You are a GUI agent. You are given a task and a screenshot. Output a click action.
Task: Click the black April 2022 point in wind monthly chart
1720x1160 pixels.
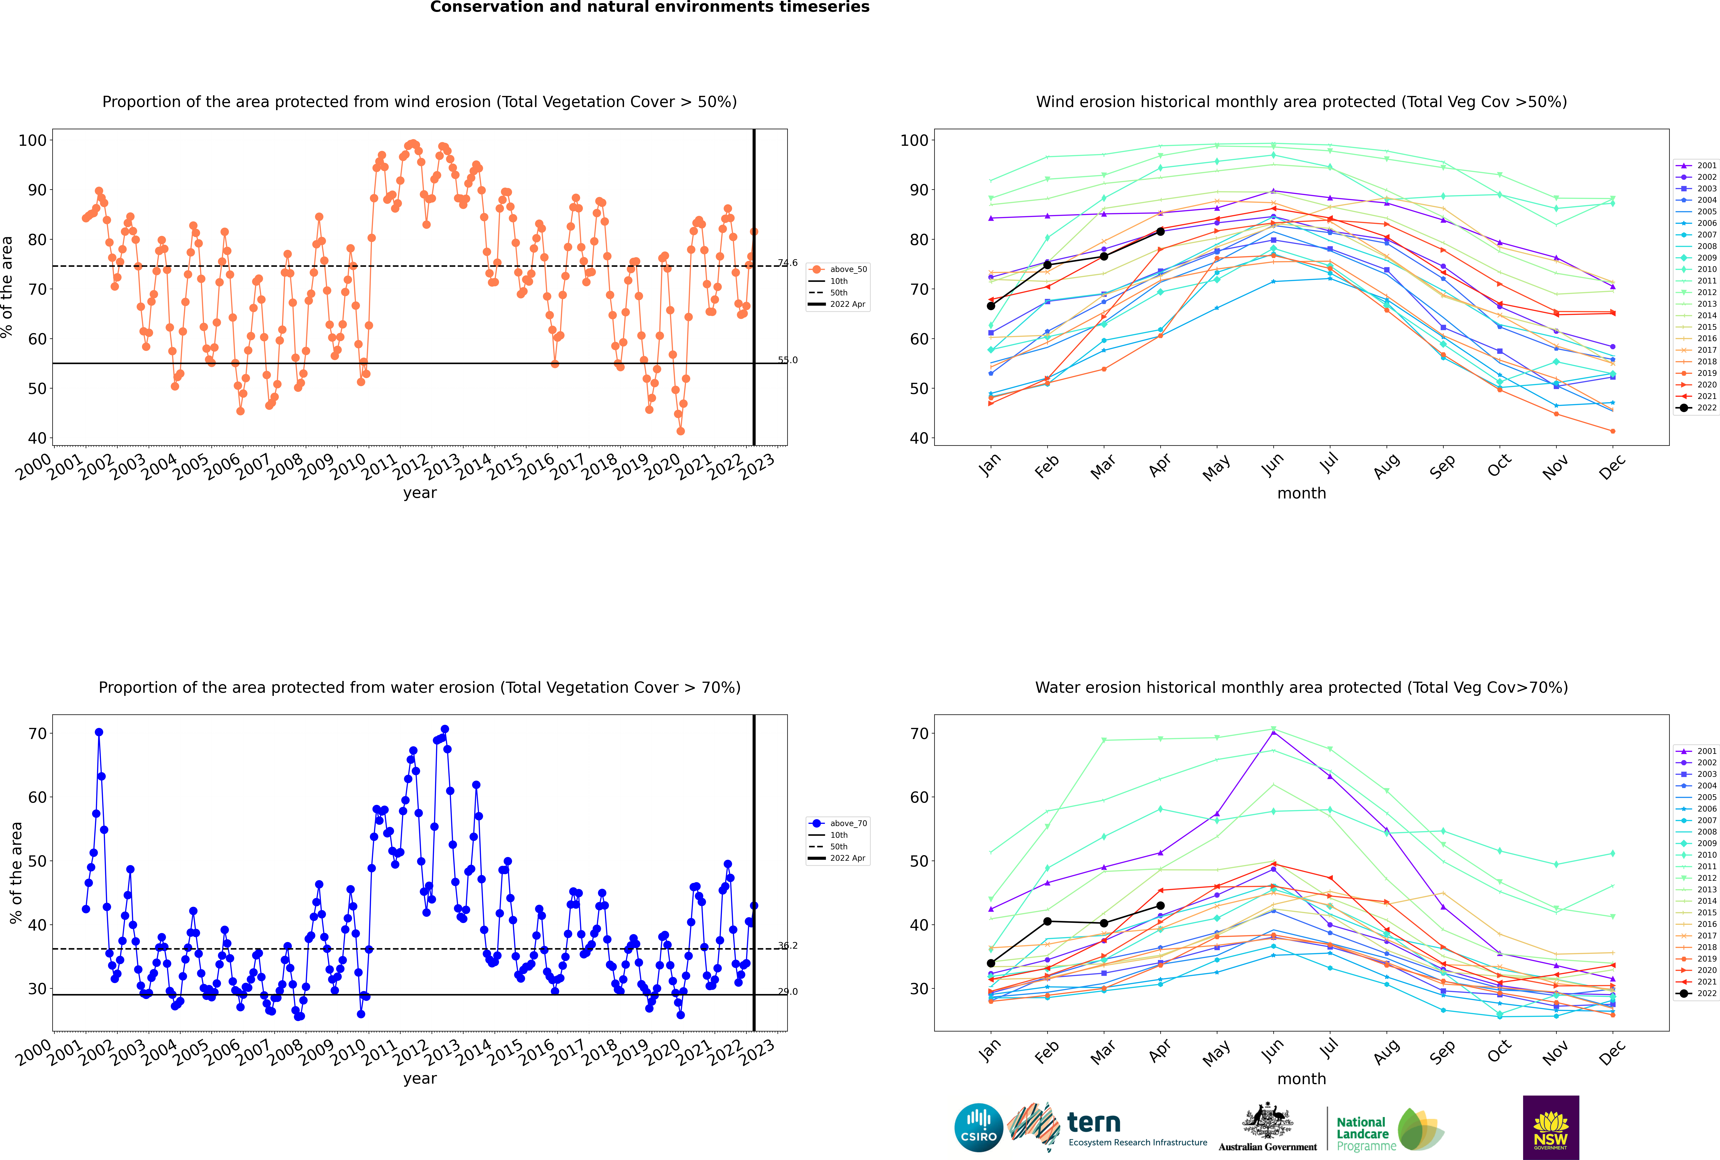coord(1160,232)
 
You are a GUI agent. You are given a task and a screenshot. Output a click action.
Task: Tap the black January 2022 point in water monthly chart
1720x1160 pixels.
coord(991,963)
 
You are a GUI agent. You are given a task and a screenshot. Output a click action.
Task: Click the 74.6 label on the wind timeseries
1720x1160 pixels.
coord(788,263)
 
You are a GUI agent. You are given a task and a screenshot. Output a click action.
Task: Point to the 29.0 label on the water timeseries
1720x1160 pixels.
coord(788,991)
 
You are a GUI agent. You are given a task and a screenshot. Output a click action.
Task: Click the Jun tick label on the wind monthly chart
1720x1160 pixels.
coord(1272,464)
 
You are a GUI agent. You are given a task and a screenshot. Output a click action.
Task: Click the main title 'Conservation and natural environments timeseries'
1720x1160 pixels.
coord(650,7)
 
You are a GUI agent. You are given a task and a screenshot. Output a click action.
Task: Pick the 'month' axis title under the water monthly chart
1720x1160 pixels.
coord(1301,1079)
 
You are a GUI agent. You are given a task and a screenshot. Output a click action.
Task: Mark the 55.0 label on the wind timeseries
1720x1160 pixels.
coord(788,360)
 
